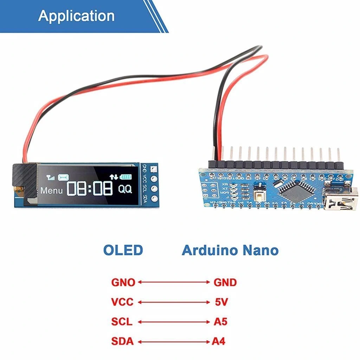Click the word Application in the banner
tap(76, 16)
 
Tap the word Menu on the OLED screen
tap(51, 191)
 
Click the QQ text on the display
tap(125, 189)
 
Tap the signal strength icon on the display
tap(51, 178)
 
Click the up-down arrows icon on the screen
tap(114, 177)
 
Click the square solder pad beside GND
tap(154, 169)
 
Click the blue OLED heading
tap(123, 250)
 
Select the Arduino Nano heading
tap(230, 251)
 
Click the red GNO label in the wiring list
tap(123, 282)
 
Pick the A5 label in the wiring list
tap(220, 322)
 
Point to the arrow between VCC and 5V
tap(173, 302)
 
